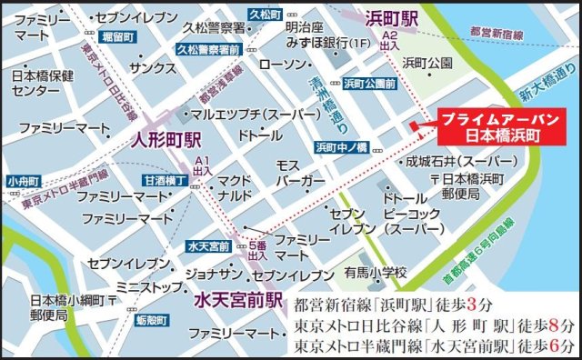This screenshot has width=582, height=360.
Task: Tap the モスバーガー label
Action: [299, 174]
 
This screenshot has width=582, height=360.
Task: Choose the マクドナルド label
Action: [236, 187]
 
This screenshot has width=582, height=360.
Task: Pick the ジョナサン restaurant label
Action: [212, 274]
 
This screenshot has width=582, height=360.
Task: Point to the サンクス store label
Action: [145, 68]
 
